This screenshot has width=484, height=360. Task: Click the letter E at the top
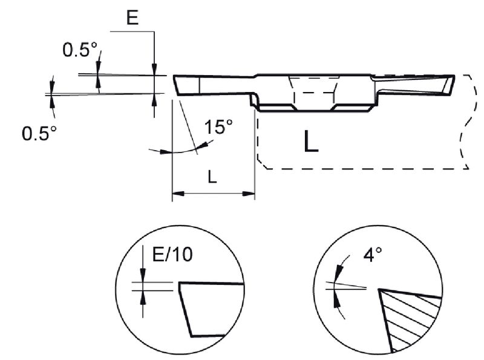pos(132,18)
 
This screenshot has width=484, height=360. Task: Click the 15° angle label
pos(218,128)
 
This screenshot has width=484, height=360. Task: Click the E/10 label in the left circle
pos(172,255)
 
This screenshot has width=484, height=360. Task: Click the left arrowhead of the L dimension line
pos(177,194)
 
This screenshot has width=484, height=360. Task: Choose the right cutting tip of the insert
pos(454,76)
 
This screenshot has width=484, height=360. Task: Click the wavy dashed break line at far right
pos(466,121)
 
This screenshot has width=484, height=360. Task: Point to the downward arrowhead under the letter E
pos(155,69)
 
